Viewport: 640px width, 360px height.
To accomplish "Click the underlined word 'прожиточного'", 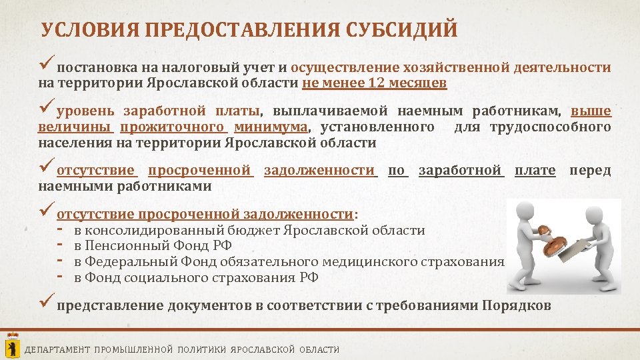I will pos(177,127).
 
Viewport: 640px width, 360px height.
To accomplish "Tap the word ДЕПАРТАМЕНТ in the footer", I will pos(57,349).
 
